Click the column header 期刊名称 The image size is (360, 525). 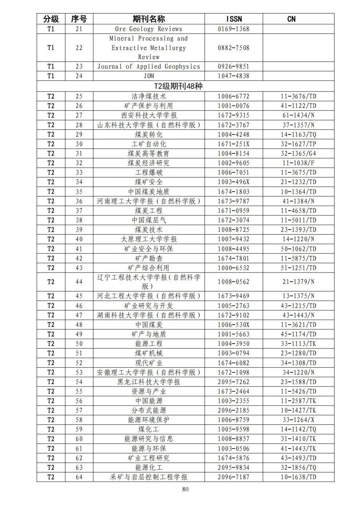click(x=149, y=19)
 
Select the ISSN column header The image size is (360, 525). click(x=234, y=19)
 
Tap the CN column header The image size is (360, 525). click(x=291, y=19)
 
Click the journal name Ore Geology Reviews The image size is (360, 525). click(x=149, y=29)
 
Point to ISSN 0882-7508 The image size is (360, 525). click(x=234, y=48)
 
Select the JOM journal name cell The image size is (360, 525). click(x=149, y=76)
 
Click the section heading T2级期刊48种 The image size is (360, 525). click(x=179, y=86)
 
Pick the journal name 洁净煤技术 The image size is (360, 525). click(x=149, y=96)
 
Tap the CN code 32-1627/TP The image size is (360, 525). click(x=298, y=144)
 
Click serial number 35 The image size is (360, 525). click(x=79, y=192)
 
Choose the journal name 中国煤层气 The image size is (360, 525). click(x=149, y=220)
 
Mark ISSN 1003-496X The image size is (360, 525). click(x=234, y=182)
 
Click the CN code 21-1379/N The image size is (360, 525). click(x=298, y=282)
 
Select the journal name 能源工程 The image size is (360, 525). click(x=149, y=344)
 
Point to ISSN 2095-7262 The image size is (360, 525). click(x=234, y=382)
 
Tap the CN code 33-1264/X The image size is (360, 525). click(x=298, y=420)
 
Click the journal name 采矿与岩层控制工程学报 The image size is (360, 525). click(x=149, y=477)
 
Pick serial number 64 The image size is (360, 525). click(x=79, y=477)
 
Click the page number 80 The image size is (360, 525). click(x=185, y=489)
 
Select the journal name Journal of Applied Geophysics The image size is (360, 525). click(x=149, y=66)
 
